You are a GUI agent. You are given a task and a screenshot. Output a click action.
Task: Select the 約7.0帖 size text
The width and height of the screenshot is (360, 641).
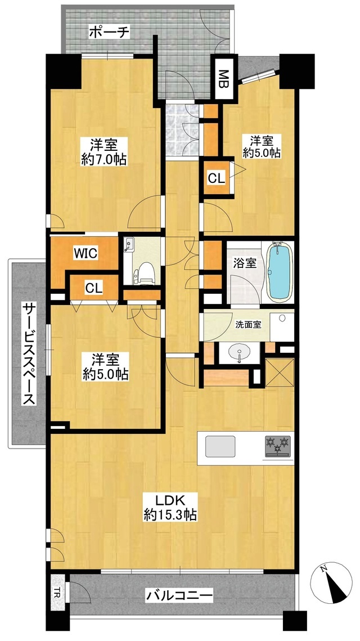104,160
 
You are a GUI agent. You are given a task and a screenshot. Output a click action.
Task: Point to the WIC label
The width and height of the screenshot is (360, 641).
85,253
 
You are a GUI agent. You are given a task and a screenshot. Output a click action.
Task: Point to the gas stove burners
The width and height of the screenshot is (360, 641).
278,446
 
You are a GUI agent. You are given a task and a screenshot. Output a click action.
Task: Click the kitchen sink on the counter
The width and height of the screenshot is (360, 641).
220,446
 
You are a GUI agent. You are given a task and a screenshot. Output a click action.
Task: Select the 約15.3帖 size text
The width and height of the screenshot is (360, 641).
170,514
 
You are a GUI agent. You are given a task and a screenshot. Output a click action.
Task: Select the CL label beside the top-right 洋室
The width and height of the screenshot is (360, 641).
216,178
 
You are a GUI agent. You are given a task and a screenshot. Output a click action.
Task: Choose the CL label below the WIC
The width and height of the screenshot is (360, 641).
94,288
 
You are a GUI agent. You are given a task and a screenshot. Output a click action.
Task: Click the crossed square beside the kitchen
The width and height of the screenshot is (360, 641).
280,373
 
